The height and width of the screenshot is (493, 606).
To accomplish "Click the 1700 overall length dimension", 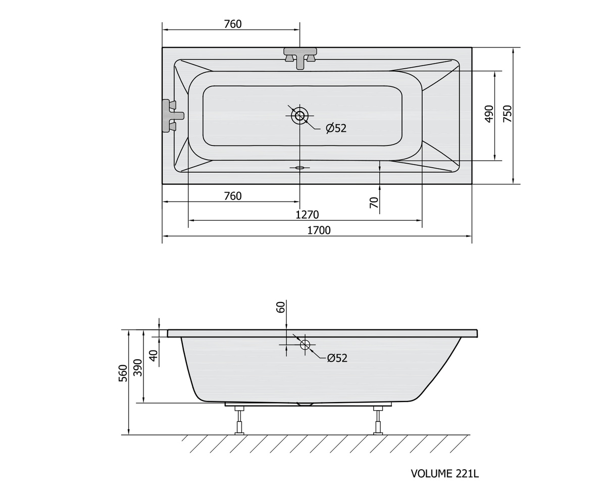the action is [319, 230].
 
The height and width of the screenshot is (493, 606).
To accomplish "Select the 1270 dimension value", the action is [307, 215].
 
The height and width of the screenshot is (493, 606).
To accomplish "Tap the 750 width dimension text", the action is [508, 114].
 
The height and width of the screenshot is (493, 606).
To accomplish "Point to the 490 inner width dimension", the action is [489, 114].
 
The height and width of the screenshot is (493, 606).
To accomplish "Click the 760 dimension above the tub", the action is [233, 24].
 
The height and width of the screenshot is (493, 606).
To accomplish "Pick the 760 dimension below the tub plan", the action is [233, 196].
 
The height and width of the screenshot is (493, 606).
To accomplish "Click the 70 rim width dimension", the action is [374, 202].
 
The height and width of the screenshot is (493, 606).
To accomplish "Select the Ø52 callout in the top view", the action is [336, 128].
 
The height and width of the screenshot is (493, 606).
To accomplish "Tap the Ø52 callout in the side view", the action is [337, 358].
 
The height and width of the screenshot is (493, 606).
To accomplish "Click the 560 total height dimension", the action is [123, 373].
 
